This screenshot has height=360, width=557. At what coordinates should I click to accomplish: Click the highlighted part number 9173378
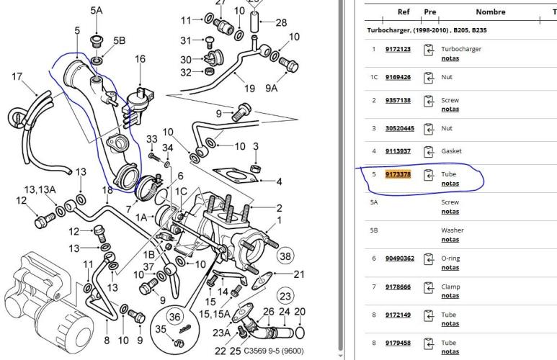[x=398, y=174]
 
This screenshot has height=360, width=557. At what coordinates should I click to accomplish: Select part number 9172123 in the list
[x=398, y=49]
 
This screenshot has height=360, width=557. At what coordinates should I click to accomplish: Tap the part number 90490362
[x=400, y=258]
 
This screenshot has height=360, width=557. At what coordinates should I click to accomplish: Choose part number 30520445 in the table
[x=400, y=128]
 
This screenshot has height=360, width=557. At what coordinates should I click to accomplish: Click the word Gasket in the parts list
[x=451, y=151]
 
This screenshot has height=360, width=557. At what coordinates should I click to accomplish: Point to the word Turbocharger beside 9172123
[x=461, y=49]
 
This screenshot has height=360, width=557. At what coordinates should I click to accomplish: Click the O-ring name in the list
[x=450, y=258]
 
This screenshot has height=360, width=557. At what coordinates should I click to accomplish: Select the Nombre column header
[x=491, y=12]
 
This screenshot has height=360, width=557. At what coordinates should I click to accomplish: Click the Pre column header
[x=430, y=12]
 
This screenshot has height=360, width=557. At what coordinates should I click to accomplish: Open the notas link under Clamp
[x=450, y=295]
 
